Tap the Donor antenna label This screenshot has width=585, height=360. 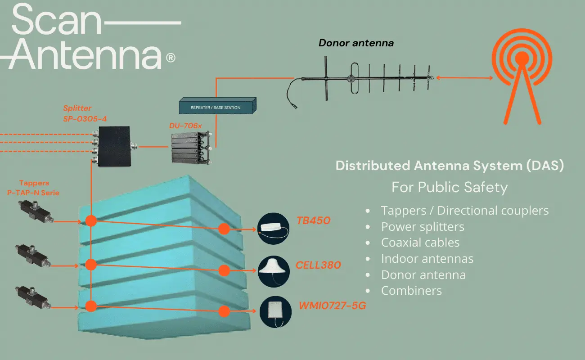click(x=356, y=43)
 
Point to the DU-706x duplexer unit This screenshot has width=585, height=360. click(x=191, y=148)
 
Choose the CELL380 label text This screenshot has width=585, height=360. click(x=318, y=265)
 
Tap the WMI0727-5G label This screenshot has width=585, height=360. click(x=332, y=306)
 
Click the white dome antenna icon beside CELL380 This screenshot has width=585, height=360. click(x=274, y=270)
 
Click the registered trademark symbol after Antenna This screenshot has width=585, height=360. click(x=171, y=58)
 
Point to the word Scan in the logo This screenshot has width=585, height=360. click(x=56, y=21)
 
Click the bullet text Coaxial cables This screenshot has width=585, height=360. click(x=420, y=243)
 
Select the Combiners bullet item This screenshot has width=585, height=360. click(x=411, y=291)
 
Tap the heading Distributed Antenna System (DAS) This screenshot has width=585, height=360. click(x=450, y=166)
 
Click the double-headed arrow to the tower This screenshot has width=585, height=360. click(x=464, y=78)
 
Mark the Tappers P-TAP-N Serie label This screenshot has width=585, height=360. click(x=40, y=188)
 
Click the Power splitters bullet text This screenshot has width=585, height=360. click(x=423, y=226)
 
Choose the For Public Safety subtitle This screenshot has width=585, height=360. click(x=449, y=187)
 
